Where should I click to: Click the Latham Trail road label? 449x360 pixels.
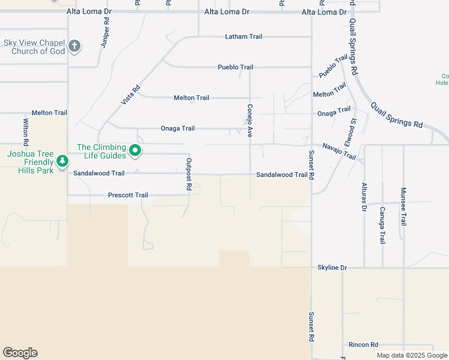point(244,37)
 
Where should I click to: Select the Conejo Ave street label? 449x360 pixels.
point(249,121)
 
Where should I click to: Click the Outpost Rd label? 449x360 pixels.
point(188,174)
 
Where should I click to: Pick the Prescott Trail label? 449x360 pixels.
point(128,195)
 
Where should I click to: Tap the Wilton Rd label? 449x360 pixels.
point(26,133)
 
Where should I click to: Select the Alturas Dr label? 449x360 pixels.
point(364,197)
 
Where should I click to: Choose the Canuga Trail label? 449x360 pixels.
point(382,225)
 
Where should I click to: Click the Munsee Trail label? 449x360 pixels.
point(403,206)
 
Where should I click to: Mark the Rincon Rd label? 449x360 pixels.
point(363,345)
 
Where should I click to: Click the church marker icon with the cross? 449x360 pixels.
point(74,46)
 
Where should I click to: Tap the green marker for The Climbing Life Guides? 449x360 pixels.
point(136,151)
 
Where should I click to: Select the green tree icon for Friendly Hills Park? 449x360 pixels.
point(62,161)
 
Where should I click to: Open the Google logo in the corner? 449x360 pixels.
point(20,353)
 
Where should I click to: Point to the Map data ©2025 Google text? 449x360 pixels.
point(411,355)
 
